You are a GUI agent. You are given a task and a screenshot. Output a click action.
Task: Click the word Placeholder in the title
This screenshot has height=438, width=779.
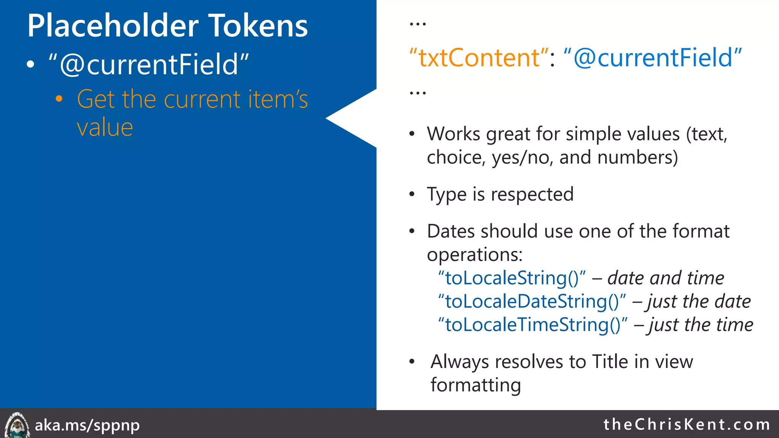[x=113, y=26]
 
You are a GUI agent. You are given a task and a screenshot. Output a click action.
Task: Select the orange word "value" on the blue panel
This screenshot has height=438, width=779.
[x=105, y=127]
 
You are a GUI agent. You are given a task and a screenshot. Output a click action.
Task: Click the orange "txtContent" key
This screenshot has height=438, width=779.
[x=479, y=58]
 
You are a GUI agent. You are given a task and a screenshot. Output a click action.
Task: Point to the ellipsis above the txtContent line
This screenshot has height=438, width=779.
[x=418, y=24]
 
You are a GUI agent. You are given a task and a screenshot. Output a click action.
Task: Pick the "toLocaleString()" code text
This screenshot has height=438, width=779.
[x=512, y=278]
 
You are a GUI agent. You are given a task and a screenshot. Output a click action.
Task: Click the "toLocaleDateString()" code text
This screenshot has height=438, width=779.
[x=532, y=302]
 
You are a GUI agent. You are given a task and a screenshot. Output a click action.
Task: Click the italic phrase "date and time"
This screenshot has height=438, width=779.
[x=666, y=278]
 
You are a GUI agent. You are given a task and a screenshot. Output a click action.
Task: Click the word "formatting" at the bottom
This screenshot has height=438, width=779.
[x=475, y=385]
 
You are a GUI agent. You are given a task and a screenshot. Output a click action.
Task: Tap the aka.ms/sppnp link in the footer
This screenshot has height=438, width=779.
[x=87, y=425]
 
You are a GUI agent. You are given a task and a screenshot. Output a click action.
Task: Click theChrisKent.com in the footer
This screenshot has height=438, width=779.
[x=687, y=424]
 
